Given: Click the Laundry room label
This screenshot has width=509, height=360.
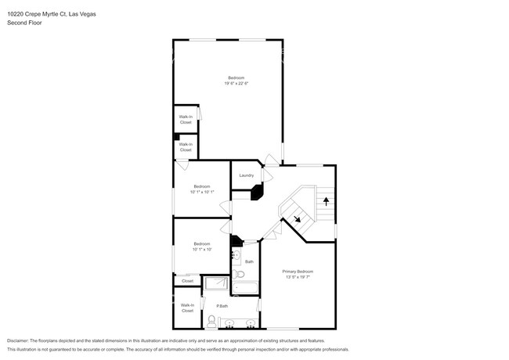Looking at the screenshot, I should pos(246,175).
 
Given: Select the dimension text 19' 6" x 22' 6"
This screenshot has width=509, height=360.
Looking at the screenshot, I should pos(236,83).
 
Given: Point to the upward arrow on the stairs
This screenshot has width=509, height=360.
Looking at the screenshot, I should pos(325,200).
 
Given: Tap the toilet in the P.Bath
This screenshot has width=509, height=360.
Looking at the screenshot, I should pos(211,320).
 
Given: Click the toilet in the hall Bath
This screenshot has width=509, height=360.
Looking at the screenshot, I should pos(240,274).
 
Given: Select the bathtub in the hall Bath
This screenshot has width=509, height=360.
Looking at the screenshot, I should pos(246,288).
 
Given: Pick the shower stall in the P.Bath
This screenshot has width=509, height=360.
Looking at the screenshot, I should pos(216,284).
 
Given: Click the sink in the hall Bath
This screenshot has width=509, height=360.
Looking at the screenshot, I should pos(235,256).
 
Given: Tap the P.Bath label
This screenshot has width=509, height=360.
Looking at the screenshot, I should pos(222,305).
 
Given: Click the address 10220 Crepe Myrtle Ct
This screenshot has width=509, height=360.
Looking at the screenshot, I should pos(41,14).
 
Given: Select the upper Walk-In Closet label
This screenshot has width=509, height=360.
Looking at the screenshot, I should pos(186,120).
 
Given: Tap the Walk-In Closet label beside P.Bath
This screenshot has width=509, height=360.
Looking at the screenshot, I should pos(187,308).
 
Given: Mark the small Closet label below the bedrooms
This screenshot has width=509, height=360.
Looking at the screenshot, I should pos(187,280).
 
